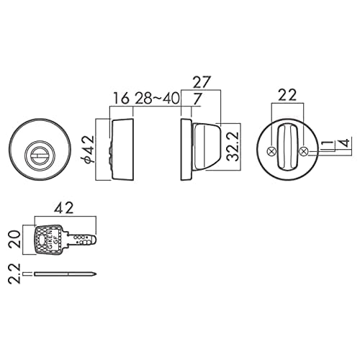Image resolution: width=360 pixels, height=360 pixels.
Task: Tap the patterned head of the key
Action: coord(47,238)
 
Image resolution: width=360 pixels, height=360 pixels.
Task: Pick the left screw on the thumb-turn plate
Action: coord(271,151)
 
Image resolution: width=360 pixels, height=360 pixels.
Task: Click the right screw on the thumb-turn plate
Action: coord(303,151)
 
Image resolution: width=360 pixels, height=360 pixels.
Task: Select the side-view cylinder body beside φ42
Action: coord(122,150)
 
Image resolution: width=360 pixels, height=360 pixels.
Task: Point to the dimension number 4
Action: coord(348,143)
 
